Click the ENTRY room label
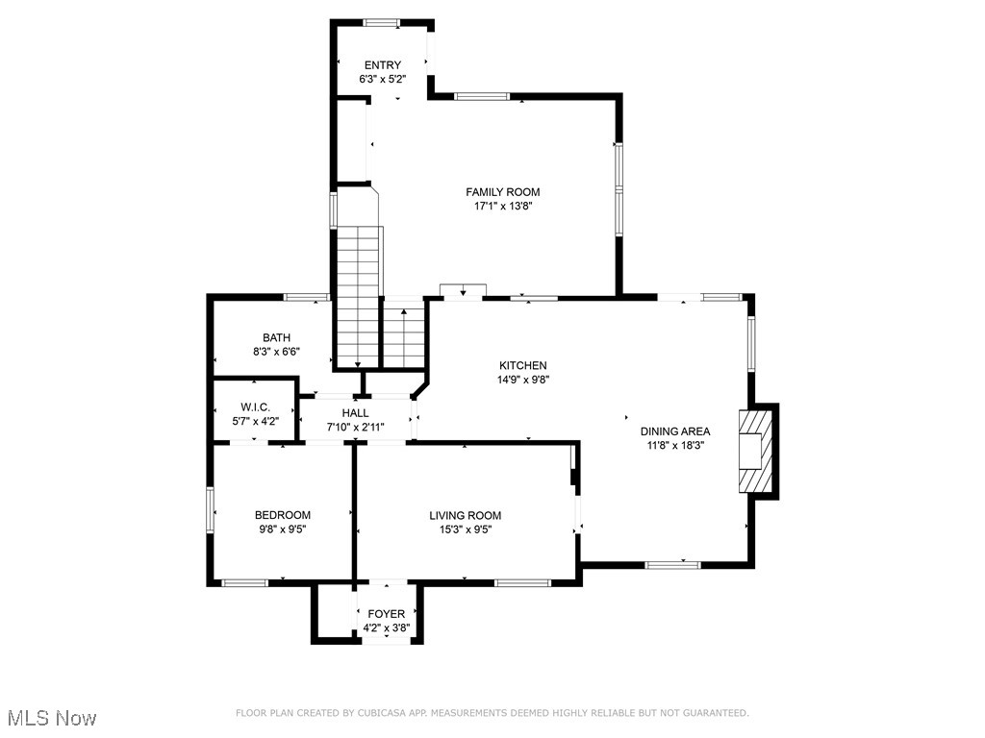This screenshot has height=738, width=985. point(383,65)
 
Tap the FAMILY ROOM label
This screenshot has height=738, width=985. point(502,192)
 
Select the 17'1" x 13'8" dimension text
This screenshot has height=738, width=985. point(502,206)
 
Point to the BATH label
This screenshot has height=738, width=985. point(276,337)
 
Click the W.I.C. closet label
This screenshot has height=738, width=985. point(255,407)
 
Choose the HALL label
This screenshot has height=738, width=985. point(356,413)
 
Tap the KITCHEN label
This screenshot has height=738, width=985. point(522,365)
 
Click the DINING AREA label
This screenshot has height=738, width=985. point(675,431)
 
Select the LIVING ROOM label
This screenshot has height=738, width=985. point(466,515)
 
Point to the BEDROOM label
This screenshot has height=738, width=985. point(283,515)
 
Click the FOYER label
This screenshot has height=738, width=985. point(387,614)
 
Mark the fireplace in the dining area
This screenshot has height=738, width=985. point(756,452)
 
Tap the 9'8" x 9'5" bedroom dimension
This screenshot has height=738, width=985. point(283,529)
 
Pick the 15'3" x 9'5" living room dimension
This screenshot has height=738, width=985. point(466,529)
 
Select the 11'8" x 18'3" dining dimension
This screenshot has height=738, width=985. point(675,446)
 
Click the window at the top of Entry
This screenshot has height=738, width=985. point(381,23)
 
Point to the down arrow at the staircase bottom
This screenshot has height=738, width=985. point(358,364)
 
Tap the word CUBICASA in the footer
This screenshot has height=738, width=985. point(381,713)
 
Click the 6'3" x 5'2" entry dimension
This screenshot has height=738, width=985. point(383,79)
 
